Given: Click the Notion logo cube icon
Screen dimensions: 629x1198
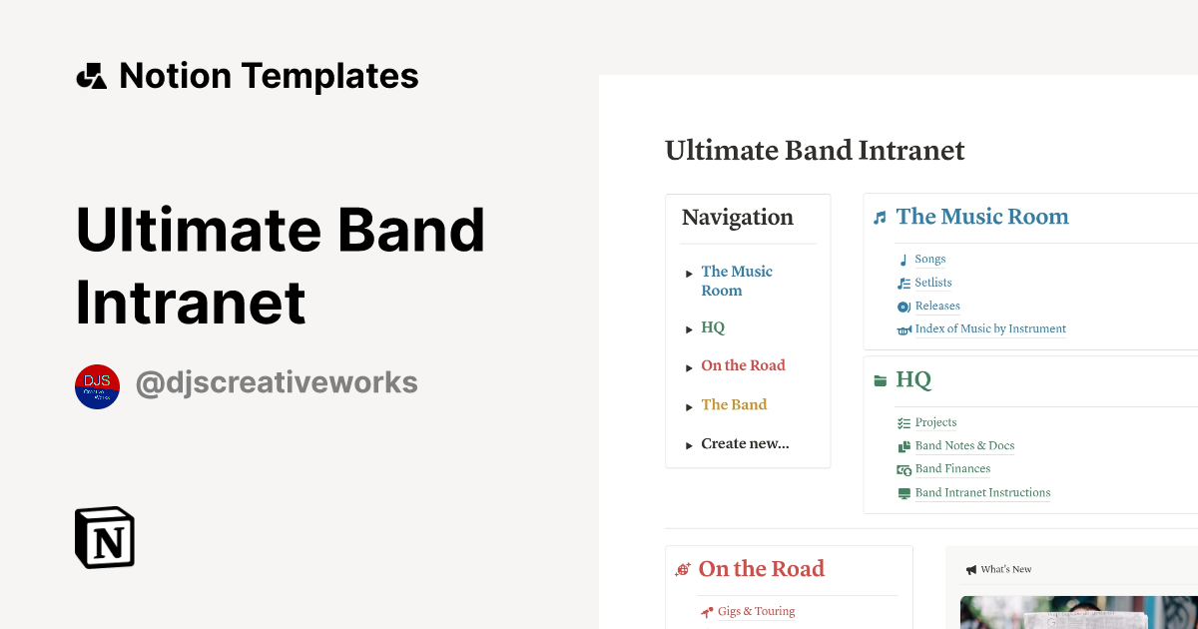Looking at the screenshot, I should click(105, 537).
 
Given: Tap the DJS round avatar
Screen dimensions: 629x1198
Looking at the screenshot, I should click(98, 386).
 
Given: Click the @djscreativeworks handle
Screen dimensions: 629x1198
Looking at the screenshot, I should click(277, 383).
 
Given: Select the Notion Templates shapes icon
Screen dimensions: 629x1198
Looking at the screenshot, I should click(92, 76).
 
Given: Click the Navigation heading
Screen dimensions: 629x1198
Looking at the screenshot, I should click(738, 218).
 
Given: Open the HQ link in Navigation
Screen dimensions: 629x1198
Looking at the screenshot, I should click(713, 327).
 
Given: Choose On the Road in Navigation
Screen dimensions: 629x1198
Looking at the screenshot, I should click(743, 365).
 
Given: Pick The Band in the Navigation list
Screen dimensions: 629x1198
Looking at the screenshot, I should click(734, 404).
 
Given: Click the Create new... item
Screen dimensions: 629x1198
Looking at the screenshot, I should click(745, 443).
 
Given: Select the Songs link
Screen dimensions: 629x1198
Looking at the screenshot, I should click(930, 260).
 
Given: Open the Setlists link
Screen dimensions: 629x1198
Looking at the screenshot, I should click(933, 283).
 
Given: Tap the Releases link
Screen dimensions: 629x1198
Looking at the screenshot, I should click(937, 307).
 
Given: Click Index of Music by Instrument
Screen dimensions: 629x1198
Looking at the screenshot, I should click(990, 329).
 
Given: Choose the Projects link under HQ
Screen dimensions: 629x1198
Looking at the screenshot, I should click(935, 422).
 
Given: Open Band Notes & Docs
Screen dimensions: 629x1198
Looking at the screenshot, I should click(964, 446).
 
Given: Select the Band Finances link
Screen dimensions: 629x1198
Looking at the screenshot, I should click(952, 469).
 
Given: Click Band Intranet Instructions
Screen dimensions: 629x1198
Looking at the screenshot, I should click(982, 493).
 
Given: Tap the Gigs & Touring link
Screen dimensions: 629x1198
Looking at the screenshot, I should click(756, 611).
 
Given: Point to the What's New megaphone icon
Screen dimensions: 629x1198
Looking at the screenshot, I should click(970, 570).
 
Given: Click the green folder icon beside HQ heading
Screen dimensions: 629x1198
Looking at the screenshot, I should click(880, 380).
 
